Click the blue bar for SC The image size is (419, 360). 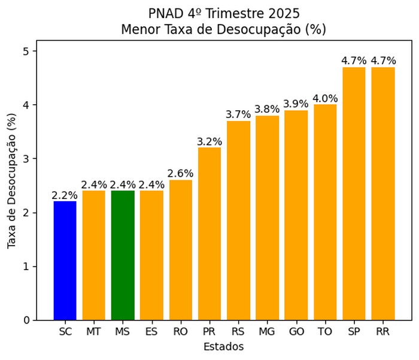[65, 261]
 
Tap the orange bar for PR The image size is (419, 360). [209, 234]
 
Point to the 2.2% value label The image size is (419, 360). [65, 195]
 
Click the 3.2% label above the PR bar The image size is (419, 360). [209, 142]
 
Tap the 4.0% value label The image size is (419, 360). [325, 99]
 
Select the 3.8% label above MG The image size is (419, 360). [268, 110]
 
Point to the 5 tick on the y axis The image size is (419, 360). [26, 52]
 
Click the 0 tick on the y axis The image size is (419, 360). [26, 320]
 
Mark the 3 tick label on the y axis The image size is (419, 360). [26, 159]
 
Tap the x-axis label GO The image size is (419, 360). [296, 331]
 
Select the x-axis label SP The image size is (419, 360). [354, 331]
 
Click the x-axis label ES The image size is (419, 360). [151, 331]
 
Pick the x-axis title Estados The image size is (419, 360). [223, 346]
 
